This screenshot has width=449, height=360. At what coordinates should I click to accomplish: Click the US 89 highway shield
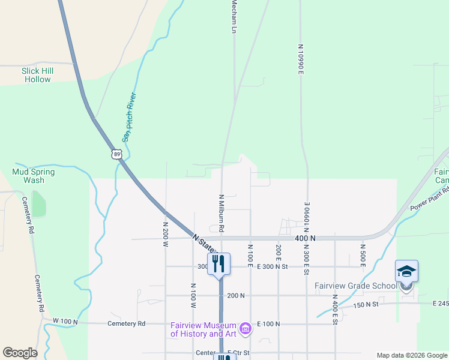116,154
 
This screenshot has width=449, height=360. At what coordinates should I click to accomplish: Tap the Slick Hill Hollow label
37,75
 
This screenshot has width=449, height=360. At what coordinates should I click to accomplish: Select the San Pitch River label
130,118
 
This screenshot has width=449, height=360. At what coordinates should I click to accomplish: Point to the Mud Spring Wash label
34,176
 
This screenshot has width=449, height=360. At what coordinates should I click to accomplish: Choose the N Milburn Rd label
221,213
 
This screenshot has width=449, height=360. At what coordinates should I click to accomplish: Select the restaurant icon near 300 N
218,263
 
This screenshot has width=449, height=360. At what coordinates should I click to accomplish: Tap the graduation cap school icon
406,272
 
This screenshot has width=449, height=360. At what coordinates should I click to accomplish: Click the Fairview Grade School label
356,286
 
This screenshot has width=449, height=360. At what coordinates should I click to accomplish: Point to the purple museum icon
245,328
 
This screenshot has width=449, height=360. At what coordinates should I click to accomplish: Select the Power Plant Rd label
430,199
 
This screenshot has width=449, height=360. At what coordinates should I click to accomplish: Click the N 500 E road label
363,255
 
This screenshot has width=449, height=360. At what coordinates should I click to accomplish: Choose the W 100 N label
65,322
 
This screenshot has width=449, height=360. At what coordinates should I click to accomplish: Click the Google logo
20,353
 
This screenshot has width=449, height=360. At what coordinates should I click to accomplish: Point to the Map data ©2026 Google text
412,355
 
